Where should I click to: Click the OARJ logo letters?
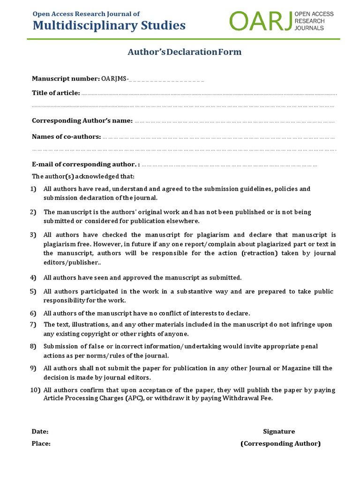[x=260, y=21]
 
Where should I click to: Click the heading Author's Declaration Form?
[x=185, y=52]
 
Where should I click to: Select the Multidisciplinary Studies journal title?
[x=109, y=25]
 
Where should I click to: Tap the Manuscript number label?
[x=66, y=78]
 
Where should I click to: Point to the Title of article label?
[x=56, y=93]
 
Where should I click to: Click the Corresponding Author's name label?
[x=82, y=120]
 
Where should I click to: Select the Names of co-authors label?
[x=66, y=136]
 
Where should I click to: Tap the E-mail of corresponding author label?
[x=86, y=165]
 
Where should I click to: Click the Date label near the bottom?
[x=40, y=431]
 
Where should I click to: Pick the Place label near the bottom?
[x=41, y=443]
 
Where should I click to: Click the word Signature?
[x=279, y=431]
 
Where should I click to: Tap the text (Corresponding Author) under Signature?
[x=280, y=443]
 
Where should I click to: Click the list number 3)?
[x=33, y=235]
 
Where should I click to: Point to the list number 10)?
[x=35, y=390]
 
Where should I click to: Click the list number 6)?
[x=33, y=313]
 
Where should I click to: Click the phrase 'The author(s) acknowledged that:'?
[x=83, y=177]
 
